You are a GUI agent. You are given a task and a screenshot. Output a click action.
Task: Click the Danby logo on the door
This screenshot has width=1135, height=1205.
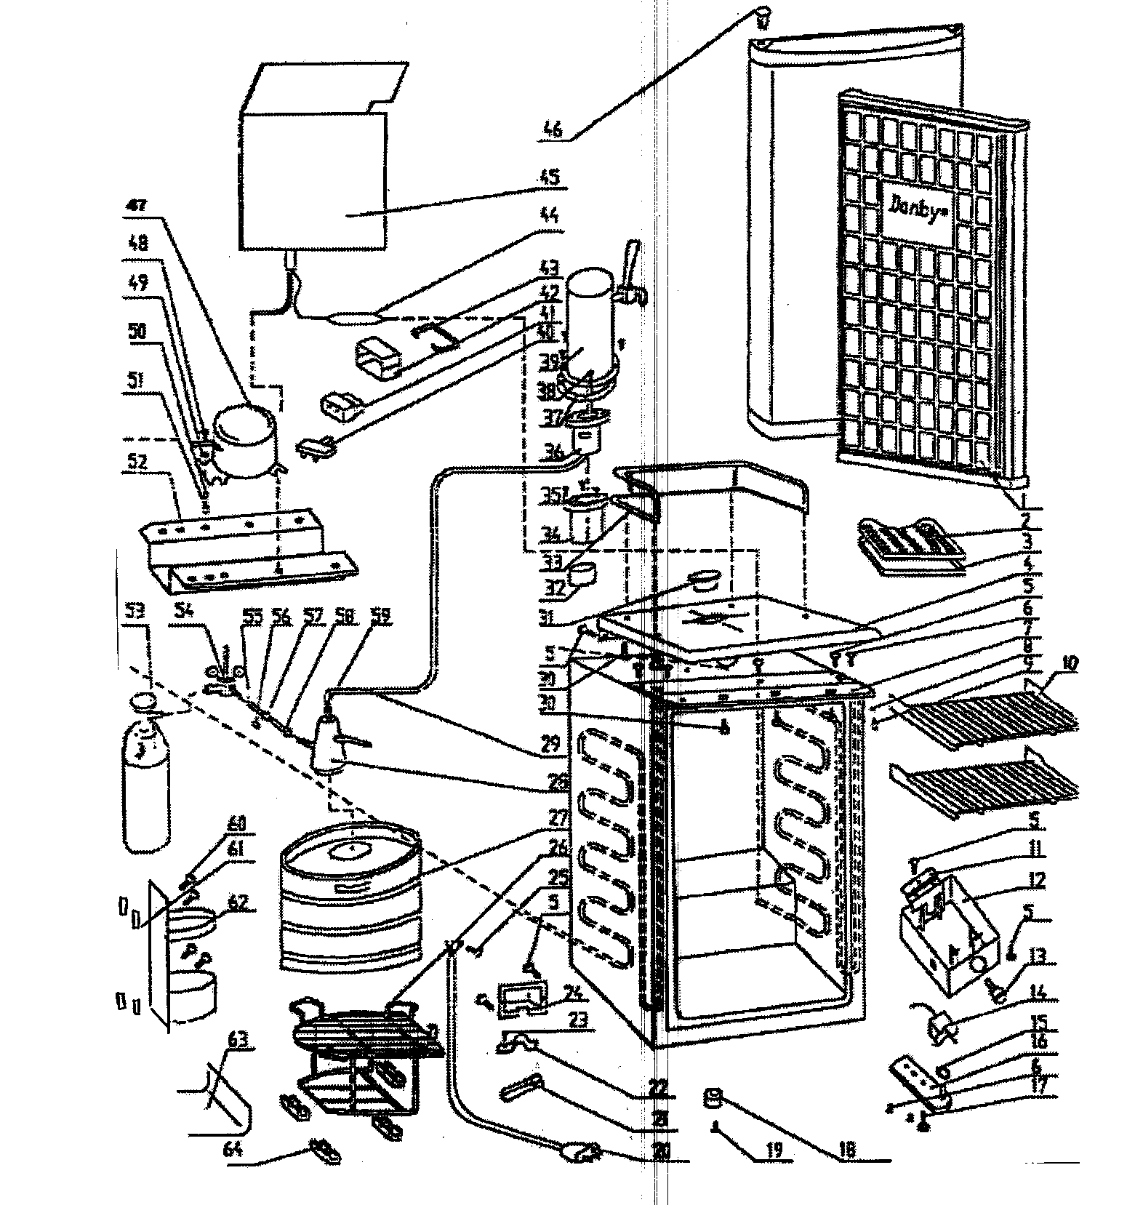pyautogui.click(x=915, y=209)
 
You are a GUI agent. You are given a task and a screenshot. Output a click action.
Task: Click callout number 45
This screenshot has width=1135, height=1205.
pyautogui.click(x=550, y=176)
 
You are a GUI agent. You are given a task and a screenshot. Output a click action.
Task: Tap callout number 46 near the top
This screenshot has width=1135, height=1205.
pyautogui.click(x=553, y=129)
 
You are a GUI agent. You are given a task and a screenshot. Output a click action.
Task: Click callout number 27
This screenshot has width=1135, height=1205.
pyautogui.click(x=557, y=818)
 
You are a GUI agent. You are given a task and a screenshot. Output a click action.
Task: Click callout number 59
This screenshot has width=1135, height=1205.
pyautogui.click(x=381, y=617)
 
